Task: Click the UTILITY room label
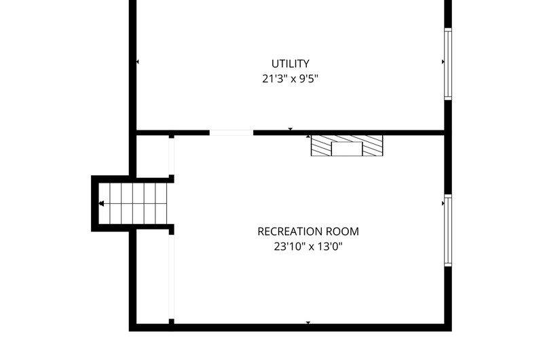coord(291,64)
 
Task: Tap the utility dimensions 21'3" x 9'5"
coord(291,79)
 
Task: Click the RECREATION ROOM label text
coord(308,232)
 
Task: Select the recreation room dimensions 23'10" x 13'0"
coord(308,247)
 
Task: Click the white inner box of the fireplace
coord(347,149)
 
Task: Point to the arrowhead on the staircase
coord(101,203)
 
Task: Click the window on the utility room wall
coord(448,64)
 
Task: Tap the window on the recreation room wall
coord(448,230)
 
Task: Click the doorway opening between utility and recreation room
coord(231,132)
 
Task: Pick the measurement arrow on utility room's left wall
coord(138,62)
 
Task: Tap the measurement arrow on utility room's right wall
coord(443,62)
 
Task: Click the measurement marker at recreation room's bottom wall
coord(308,323)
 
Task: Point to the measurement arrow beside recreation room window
coord(443,203)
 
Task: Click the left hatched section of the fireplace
coord(321,145)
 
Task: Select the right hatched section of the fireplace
coord(373,145)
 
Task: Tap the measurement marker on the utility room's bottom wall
coord(291,129)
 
